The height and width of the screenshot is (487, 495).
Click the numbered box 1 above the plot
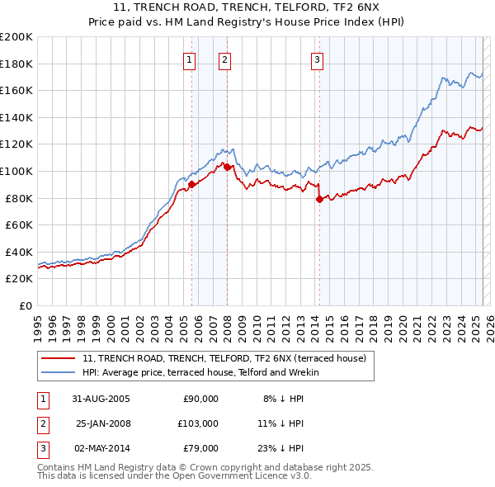pyautogui.click(x=190, y=59)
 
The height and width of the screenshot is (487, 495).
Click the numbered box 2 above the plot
pyautogui.click(x=224, y=59)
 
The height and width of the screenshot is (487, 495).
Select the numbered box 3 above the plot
pyautogui.click(x=317, y=59)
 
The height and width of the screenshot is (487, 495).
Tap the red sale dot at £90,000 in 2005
pyautogui.click(x=192, y=185)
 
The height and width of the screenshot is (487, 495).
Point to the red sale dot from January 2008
pyautogui.click(x=227, y=168)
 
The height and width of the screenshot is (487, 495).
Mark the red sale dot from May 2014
pyautogui.click(x=319, y=199)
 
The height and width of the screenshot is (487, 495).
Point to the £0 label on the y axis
pyautogui.click(x=25, y=305)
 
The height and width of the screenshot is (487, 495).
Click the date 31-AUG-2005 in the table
pyautogui.click(x=101, y=399)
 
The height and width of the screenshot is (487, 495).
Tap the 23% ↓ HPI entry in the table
pyautogui.click(x=281, y=448)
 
